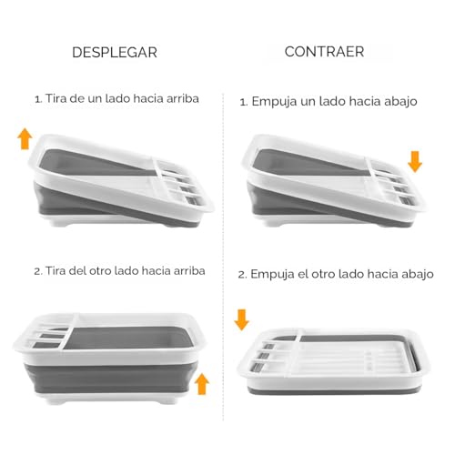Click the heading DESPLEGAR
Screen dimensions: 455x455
[114, 52]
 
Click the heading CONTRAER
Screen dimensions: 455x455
[324, 52]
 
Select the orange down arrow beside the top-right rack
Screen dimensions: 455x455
[415, 162]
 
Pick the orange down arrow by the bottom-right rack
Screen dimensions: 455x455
[242, 319]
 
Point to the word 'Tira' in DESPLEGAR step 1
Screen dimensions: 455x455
[58, 97]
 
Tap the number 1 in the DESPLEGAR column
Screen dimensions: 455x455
[37, 97]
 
